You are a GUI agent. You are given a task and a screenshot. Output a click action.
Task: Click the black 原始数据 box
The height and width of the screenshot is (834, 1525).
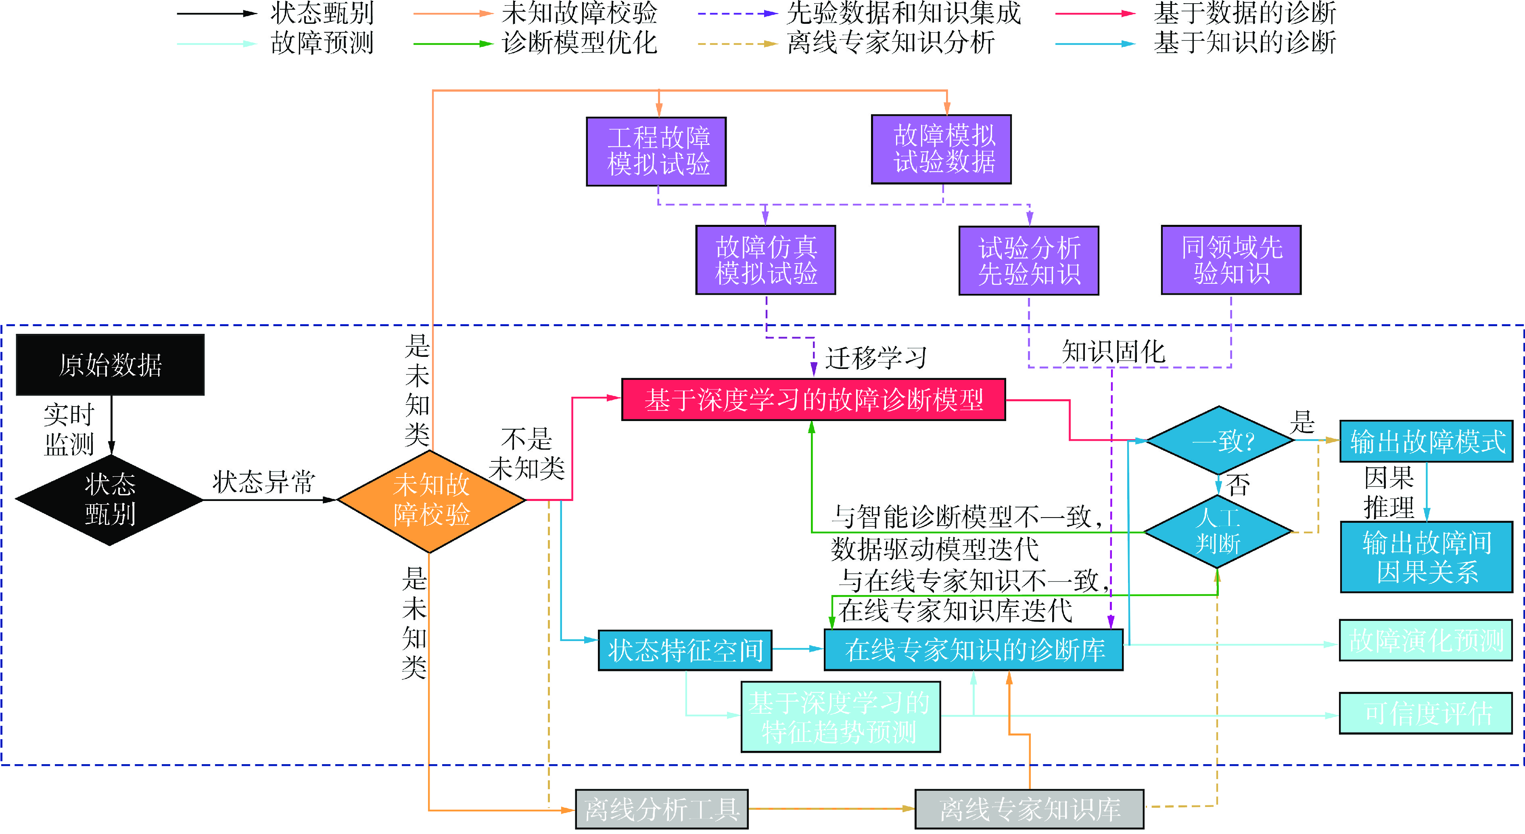point(110,364)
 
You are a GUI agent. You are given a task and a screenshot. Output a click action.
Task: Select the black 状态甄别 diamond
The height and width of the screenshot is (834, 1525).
point(110,499)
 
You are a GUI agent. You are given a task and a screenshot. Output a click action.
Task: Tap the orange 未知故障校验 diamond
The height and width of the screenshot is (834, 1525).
point(430,501)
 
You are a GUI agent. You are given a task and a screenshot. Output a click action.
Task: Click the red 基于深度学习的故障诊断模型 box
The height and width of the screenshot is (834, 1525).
point(813,400)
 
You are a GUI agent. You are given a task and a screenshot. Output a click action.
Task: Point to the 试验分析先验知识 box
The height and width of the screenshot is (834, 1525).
point(1029,261)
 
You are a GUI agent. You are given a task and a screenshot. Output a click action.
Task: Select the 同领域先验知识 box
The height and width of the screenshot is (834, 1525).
point(1231,260)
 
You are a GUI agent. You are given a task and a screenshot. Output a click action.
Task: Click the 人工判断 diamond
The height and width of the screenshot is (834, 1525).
point(1217,531)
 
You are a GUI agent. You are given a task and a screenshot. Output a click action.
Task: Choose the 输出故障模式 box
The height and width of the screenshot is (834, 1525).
point(1426,441)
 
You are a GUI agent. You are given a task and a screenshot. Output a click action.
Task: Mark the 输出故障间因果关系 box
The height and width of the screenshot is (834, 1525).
point(1426,557)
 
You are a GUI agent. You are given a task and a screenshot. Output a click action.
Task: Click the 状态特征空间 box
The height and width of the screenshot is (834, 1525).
point(685,650)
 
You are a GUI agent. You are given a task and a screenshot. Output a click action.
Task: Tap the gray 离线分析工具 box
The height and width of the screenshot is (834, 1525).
point(661,809)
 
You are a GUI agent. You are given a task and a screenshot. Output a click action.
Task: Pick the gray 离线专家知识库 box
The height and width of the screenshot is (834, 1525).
point(1029,809)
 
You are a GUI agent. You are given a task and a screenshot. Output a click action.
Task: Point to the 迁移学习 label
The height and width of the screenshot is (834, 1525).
point(876,358)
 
